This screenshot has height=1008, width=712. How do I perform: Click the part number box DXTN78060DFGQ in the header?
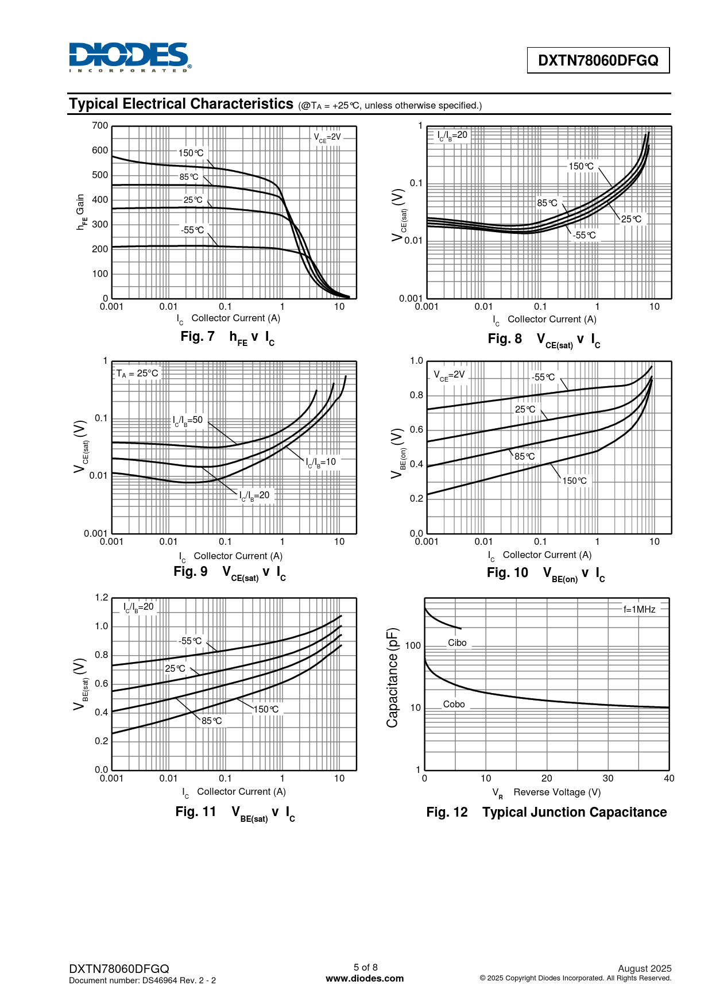(598, 60)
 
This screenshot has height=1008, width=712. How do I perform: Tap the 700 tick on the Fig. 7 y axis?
(100, 126)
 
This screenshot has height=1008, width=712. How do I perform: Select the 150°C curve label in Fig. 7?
(191, 153)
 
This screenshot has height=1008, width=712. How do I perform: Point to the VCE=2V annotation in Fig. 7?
(327, 137)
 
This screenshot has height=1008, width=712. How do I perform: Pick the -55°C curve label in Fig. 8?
(585, 235)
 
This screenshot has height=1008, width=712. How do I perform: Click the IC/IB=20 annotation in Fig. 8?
(452, 135)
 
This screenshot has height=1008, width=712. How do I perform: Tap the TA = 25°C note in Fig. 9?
(137, 374)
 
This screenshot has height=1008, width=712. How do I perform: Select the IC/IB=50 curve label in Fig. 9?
(188, 420)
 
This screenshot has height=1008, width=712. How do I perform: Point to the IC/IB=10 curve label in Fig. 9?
(321, 462)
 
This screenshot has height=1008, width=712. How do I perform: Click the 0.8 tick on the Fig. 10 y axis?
(416, 395)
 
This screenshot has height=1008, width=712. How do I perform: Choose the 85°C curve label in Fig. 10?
(524, 456)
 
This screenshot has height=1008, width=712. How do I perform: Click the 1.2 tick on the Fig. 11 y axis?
(102, 598)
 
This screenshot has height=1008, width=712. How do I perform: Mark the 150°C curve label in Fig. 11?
(266, 709)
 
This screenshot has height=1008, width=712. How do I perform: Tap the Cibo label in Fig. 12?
(457, 642)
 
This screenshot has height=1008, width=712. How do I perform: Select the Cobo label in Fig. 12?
(454, 704)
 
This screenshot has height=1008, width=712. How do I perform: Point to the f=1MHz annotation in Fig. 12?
(639, 609)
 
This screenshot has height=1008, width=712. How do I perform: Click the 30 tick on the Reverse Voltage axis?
(607, 778)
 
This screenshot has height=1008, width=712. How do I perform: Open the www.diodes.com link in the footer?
(365, 978)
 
